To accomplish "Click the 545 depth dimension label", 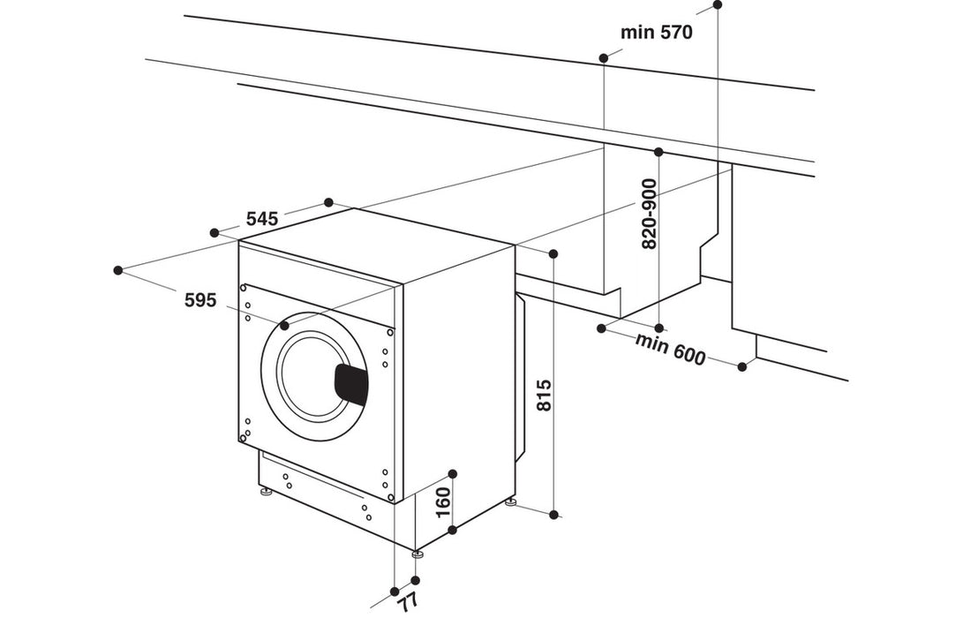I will pyautogui.click(x=262, y=218).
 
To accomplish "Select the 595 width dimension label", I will pyautogui.click(x=200, y=300).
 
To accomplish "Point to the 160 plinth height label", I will pyautogui.click(x=443, y=502).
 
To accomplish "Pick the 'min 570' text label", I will pyautogui.click(x=656, y=33).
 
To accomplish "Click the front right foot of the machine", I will pyautogui.click(x=417, y=554).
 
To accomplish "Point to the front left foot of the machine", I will pyautogui.click(x=264, y=493).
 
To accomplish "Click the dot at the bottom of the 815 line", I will pyautogui.click(x=553, y=515).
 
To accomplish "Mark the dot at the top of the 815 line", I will pyautogui.click(x=553, y=254).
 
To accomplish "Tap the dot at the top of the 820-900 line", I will pyautogui.click(x=658, y=151).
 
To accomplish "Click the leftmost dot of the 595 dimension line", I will pyautogui.click(x=118, y=269).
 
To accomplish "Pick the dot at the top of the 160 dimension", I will pyautogui.click(x=453, y=474).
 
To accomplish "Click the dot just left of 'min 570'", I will pyautogui.click(x=604, y=58).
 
